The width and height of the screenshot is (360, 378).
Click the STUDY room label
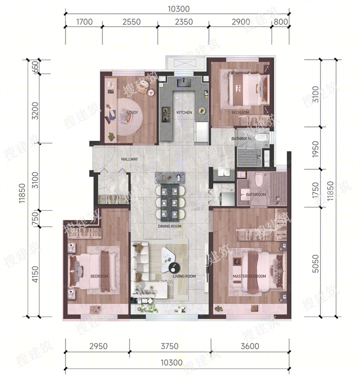click(132, 113)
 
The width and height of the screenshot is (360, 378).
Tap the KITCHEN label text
click(184, 113)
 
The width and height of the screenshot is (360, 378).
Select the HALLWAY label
click(130, 159)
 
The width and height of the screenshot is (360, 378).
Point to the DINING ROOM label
click(170, 226)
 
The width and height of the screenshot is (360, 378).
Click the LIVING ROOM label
click(184, 276)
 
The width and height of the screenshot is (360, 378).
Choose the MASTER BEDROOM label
click(249, 276)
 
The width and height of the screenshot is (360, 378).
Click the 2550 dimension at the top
click(132, 22)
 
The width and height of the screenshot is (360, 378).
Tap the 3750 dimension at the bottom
click(170, 346)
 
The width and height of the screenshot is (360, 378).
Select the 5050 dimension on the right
click(315, 263)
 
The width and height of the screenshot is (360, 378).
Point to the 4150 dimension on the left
click(35, 274)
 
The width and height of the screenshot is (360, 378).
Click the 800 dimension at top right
click(281, 22)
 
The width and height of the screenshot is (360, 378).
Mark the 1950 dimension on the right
click(315, 149)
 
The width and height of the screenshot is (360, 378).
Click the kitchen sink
click(184, 83)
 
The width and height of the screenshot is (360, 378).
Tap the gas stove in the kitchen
click(166, 114)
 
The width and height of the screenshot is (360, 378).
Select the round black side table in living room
click(175, 267)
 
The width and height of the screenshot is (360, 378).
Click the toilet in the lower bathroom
click(259, 179)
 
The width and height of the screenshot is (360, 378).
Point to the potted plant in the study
click(112, 136)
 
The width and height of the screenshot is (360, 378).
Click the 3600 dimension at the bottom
click(250, 346)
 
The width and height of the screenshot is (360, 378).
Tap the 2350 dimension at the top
click(184, 22)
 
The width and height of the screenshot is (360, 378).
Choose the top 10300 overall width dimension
click(179, 9)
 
